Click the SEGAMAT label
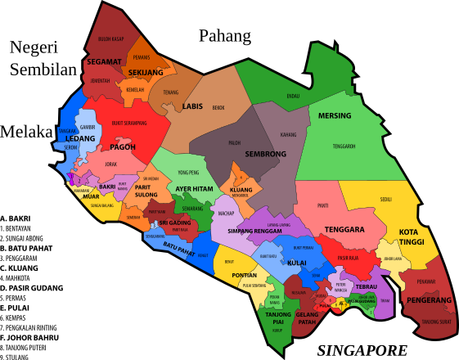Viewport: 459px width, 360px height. coord(104,61)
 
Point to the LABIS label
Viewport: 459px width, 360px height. coord(192,106)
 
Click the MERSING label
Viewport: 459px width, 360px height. coord(334,115)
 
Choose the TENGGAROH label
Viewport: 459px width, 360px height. coord(344,146)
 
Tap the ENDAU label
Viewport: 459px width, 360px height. coord(293,97)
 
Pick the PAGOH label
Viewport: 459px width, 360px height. coord(123,147)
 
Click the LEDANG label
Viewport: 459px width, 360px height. coord(80,138)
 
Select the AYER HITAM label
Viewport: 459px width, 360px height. coord(194,189)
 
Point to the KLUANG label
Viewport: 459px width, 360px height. coord(241,190)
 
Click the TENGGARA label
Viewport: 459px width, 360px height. coord(344,230)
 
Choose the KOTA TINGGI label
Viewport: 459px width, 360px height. coord(414,236)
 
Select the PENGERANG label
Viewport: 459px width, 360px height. coord(429,300)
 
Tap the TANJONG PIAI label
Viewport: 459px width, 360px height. coord(278,318)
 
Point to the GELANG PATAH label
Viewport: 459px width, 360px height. coord(307,318)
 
